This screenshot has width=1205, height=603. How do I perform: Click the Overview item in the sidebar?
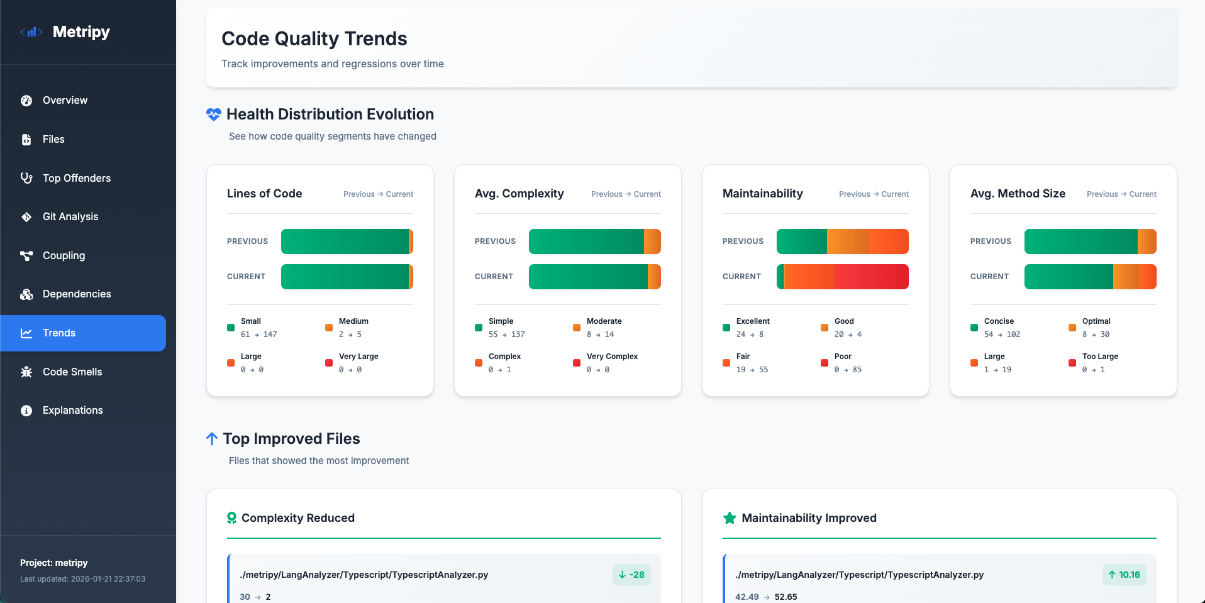[x=65, y=101]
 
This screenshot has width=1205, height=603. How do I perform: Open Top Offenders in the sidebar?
[x=76, y=178]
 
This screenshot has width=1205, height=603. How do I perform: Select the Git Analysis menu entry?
[x=70, y=217]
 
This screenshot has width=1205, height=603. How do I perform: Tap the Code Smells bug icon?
[x=26, y=372]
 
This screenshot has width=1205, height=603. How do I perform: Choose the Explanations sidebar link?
[x=72, y=411]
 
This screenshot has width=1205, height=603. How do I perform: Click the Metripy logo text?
[x=81, y=32]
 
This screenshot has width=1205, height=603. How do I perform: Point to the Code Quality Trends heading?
[x=314, y=39]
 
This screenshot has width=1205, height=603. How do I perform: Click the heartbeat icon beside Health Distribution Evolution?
[x=214, y=114]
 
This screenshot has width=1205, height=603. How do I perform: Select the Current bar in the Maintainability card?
[x=842, y=277]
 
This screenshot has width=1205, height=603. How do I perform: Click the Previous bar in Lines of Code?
[x=347, y=241]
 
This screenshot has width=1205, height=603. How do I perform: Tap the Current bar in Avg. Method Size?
[x=1090, y=277]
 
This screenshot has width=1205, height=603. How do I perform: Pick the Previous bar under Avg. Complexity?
[x=594, y=241]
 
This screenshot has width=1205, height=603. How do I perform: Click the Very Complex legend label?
[x=612, y=357]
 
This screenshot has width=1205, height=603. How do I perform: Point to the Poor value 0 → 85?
[x=848, y=370]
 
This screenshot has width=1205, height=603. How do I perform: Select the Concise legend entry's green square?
[x=974, y=328]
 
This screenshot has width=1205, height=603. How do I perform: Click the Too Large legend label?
[x=1100, y=357]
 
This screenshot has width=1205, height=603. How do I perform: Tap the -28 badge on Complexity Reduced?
[x=631, y=575]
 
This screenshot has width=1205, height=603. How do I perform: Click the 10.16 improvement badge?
[x=1124, y=575]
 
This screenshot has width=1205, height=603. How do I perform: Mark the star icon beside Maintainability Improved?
[x=730, y=518]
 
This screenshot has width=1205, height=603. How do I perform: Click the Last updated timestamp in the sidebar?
[x=82, y=579]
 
